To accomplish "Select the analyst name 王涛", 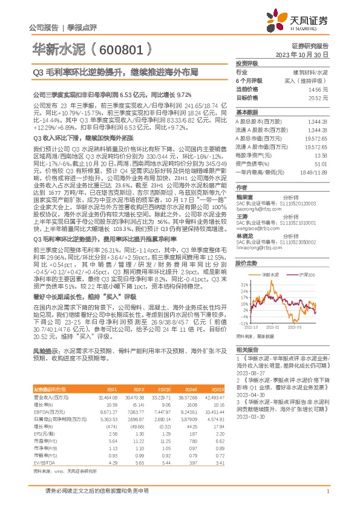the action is (242, 216).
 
